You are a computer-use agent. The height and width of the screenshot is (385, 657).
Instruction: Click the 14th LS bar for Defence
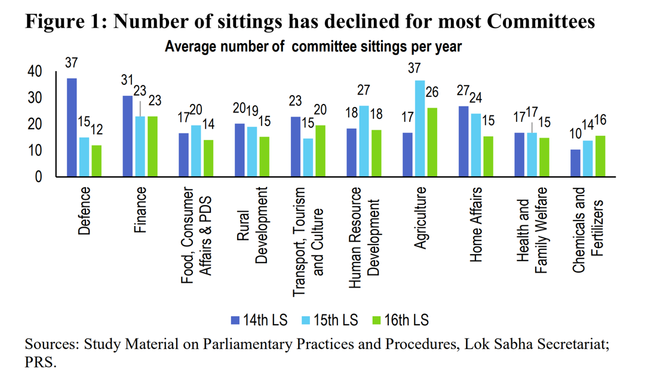[x=72, y=127]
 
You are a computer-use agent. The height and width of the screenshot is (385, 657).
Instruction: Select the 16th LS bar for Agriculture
[x=432, y=142]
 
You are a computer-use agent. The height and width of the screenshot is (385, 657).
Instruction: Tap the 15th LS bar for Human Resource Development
[x=364, y=141]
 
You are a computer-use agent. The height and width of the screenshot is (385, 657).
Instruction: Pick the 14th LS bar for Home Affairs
[x=463, y=141]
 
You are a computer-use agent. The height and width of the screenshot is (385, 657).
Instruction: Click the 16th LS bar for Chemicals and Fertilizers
[x=601, y=156]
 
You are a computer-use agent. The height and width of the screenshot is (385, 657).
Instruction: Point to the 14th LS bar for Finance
[x=127, y=136]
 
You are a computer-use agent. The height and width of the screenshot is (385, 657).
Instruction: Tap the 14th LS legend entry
[x=259, y=320]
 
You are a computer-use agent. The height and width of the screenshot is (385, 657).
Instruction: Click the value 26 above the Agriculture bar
[x=432, y=93]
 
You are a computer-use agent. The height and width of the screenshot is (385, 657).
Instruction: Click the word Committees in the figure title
[x=541, y=21]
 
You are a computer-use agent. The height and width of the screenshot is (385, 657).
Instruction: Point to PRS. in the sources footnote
[x=40, y=363]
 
